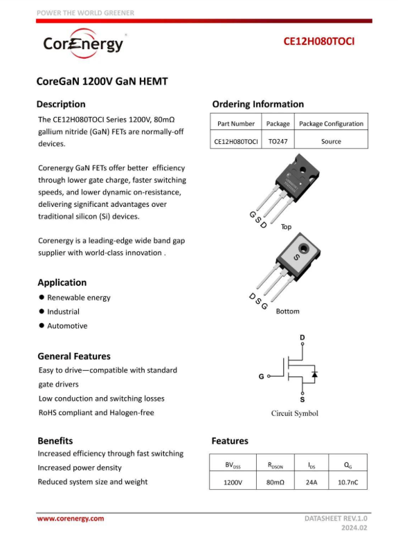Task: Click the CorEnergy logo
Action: point(83,44)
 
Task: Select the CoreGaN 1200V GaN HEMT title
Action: point(102,81)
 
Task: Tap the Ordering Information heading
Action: point(257,104)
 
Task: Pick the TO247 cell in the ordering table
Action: point(278,141)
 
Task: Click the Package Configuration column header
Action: point(331,124)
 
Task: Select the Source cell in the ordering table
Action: point(331,141)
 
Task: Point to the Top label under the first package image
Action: point(286,227)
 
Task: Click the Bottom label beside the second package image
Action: point(287,311)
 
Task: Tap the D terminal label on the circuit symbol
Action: point(302,338)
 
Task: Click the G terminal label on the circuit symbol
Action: point(261,377)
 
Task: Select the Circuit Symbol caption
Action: point(294,413)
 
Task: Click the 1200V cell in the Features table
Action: point(233,482)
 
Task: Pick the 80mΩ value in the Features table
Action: point(275,482)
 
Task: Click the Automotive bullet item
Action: point(67,326)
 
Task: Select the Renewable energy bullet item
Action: point(78,298)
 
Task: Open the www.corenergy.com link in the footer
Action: point(70,518)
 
